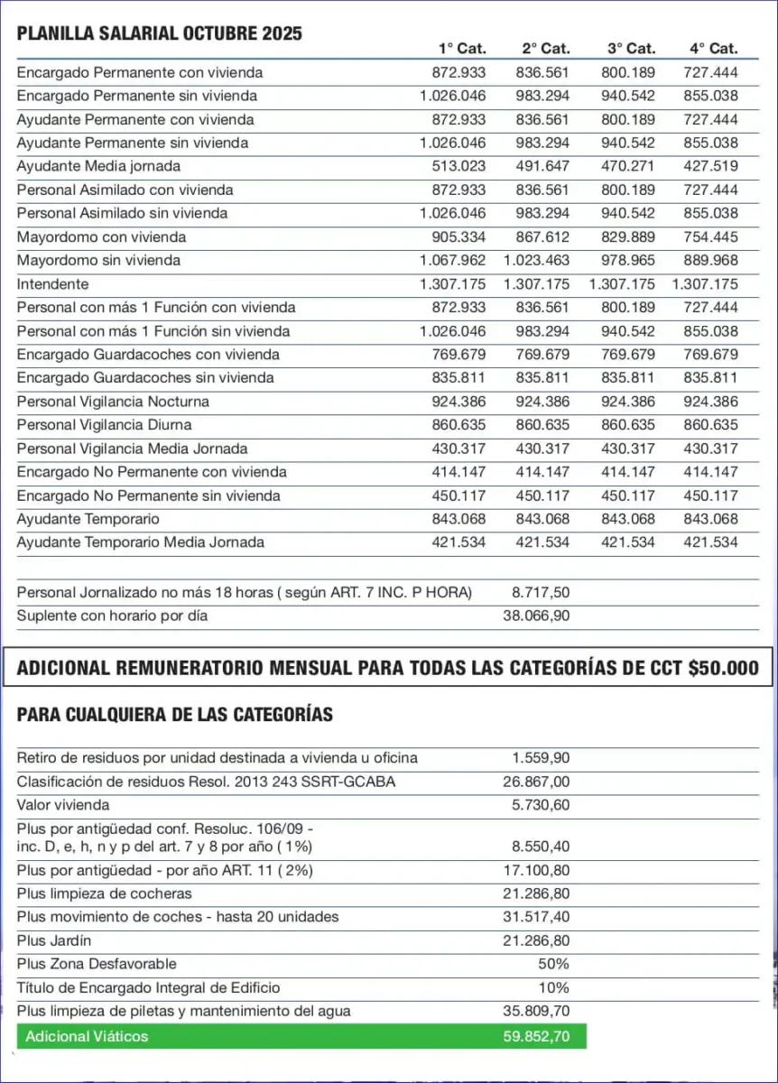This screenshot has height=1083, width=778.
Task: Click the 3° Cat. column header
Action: pyautogui.click(x=631, y=49)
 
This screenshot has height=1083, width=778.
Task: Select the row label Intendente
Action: pyautogui.click(x=53, y=284)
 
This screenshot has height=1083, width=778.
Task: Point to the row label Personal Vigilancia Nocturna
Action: pyautogui.click(x=113, y=402)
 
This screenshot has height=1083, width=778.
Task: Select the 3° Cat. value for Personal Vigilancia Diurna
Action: pyautogui.click(x=626, y=425)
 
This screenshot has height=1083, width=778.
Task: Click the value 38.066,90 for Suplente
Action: pyautogui.click(x=536, y=616)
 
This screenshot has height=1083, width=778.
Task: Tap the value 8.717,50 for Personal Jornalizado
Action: pyautogui.click(x=541, y=593)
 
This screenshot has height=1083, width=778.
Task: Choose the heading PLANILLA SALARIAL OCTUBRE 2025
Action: pyautogui.click(x=160, y=34)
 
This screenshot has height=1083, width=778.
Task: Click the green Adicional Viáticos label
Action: pyautogui.click(x=87, y=1036)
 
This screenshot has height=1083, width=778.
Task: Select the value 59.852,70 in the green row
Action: pyautogui.click(x=536, y=1036)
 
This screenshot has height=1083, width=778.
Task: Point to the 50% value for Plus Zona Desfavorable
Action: pyautogui.click(x=553, y=964)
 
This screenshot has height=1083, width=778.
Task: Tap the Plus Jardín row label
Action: pyautogui.click(x=54, y=940)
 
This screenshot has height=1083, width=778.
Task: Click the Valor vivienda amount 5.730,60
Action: pyautogui.click(x=541, y=805)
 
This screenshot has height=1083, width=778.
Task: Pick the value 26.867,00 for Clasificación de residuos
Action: pyautogui.click(x=536, y=782)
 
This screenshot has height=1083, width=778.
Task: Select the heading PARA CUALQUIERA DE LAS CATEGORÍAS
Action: pyautogui.click(x=175, y=715)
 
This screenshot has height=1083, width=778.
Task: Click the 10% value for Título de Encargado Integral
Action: pyautogui.click(x=553, y=987)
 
